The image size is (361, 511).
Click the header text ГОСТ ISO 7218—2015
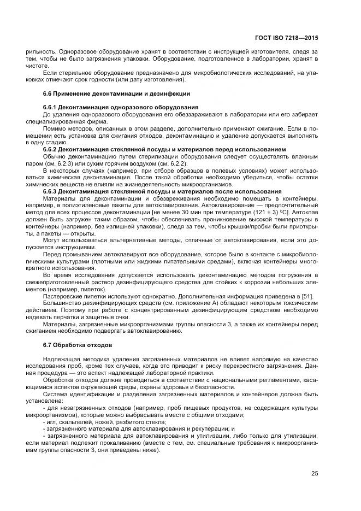[x=286, y=39]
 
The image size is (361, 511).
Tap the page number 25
[x=315, y=473]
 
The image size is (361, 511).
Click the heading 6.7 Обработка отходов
[x=77, y=345]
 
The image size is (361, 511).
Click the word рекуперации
[x=205, y=430]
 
